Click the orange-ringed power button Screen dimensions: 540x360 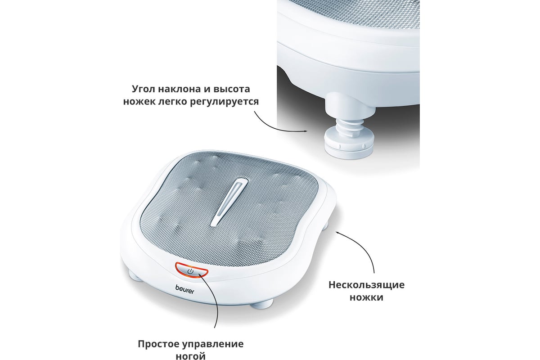point(192,271)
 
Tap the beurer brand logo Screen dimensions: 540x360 point(184,289)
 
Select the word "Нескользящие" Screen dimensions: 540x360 point(366,285)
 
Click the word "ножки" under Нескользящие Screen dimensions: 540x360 point(366,297)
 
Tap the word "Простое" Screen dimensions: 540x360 point(158,344)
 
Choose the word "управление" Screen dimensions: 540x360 point(212,344)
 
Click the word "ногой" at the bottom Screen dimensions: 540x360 point(191,356)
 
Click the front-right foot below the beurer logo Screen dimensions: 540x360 point(261,304)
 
